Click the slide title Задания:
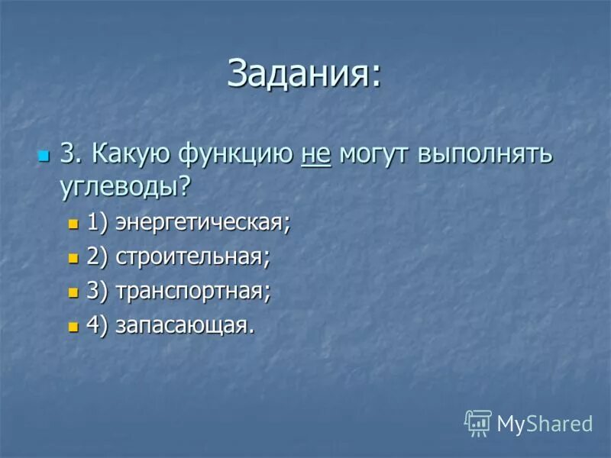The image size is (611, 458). (x=304, y=74)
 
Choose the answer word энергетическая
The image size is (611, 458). (x=202, y=224)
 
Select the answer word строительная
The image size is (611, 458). (x=192, y=257)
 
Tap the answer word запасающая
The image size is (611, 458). (x=183, y=324)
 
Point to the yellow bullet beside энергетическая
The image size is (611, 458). (x=73, y=224)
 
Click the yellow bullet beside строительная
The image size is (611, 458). (x=73, y=258)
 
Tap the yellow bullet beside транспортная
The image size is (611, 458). (x=73, y=292)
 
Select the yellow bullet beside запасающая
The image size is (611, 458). (x=73, y=325)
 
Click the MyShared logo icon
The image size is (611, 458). (x=478, y=422)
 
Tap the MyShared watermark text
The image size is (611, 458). (x=545, y=423)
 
